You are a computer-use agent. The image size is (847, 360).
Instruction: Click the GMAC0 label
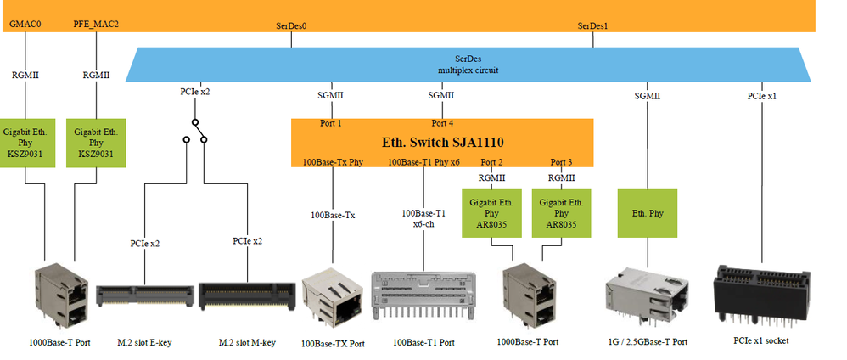(25, 24)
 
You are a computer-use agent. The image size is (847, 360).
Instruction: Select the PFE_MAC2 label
(96, 24)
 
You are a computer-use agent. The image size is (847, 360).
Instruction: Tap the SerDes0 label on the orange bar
(291, 25)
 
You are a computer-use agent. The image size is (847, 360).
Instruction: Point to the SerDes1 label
(592, 25)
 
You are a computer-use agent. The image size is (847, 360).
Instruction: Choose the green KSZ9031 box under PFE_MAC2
(96, 143)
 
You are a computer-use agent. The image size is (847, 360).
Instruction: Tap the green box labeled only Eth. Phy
(648, 214)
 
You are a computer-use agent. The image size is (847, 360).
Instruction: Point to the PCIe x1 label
(762, 96)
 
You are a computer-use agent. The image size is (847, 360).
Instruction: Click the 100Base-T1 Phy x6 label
(423, 162)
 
